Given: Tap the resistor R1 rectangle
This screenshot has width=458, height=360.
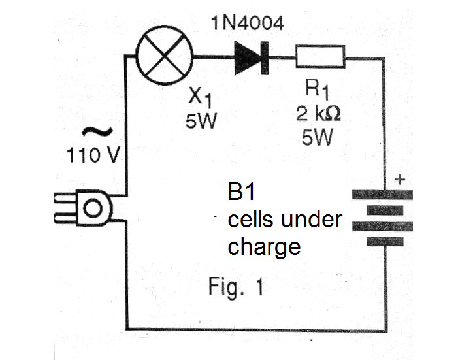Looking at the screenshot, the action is [320, 57].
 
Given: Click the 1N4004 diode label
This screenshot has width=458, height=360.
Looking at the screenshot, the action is [247, 23].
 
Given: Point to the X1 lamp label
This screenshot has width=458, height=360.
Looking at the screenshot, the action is [200, 97].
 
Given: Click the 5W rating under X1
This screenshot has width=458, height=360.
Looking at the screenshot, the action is [201, 120].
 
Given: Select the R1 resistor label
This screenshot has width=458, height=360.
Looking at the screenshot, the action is [317, 89].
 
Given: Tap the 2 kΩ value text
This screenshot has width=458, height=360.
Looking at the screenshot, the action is [318, 114].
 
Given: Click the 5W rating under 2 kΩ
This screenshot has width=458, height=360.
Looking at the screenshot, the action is [318, 137].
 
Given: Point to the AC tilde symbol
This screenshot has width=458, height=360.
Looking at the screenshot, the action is [97, 131].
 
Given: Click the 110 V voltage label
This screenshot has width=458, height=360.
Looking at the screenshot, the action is [93, 155].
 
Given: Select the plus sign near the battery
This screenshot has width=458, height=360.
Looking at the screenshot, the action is [400, 179].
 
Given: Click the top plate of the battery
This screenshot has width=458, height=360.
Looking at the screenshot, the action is [382, 195].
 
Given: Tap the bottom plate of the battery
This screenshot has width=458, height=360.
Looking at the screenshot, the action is [385, 241].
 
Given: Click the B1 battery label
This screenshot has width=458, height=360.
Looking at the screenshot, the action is [241, 191].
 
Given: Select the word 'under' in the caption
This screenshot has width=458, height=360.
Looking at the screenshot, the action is [312, 219].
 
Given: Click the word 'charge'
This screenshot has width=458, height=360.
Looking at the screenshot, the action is [264, 248].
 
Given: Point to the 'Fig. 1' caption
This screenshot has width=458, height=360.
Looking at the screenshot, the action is [236, 287].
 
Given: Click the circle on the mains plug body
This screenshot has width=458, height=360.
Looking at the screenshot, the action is [93, 208].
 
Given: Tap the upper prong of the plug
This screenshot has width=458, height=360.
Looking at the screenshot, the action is [65, 199].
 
